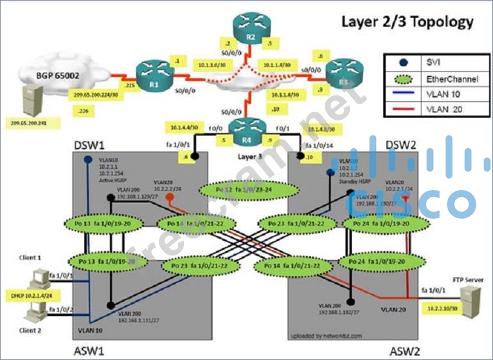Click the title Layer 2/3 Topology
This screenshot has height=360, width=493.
[407, 22]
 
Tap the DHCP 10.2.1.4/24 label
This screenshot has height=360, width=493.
[28, 295]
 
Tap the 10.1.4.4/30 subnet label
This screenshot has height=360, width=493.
[185, 127]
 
